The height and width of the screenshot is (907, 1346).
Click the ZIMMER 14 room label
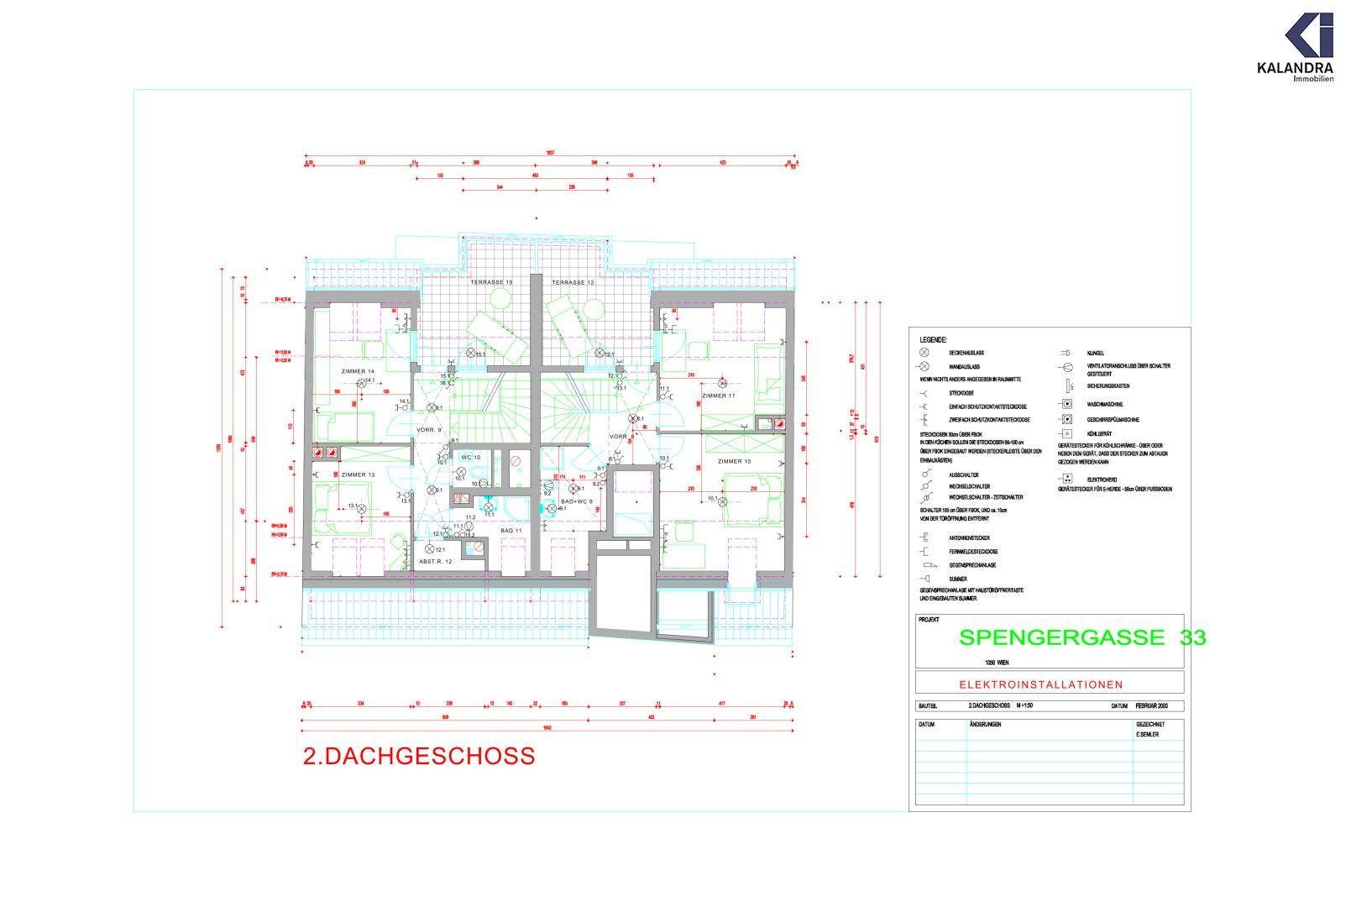click(x=358, y=370)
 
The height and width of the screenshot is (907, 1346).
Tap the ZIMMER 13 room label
click(x=359, y=474)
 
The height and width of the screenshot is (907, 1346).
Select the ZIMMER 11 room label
click(x=719, y=395)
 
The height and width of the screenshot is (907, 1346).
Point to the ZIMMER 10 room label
click(x=734, y=461)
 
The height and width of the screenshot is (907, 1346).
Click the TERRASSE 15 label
click(x=491, y=283)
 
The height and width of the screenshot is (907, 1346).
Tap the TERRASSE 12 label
click(x=573, y=283)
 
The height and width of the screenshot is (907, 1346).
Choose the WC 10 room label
click(x=470, y=457)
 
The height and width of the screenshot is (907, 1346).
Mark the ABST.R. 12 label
click(x=437, y=561)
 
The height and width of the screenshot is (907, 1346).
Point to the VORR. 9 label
click(x=429, y=429)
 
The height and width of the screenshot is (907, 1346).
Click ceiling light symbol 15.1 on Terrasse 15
click(x=471, y=354)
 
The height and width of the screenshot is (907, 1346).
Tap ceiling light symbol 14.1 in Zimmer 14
click(x=362, y=383)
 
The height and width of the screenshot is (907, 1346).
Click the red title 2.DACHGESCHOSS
click(x=418, y=756)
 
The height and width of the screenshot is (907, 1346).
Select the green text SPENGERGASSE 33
click(x=1082, y=637)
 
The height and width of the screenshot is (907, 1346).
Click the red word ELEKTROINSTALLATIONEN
click(x=1049, y=684)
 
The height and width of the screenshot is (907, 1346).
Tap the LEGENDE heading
click(x=933, y=340)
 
